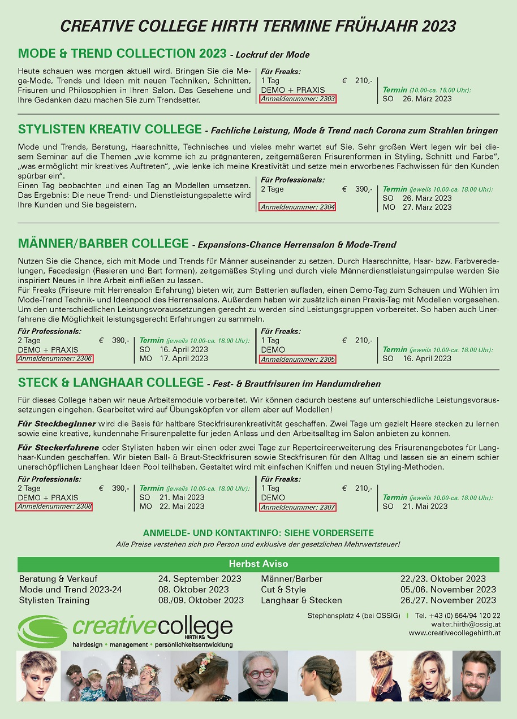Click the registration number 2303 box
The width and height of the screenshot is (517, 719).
pyautogui.click(x=298, y=99)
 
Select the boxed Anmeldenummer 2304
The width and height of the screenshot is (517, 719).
pyautogui.click(x=298, y=207)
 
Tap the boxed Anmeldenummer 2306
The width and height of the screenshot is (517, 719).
pyautogui.click(x=54, y=358)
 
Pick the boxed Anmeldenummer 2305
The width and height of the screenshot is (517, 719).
pyautogui.click(x=298, y=359)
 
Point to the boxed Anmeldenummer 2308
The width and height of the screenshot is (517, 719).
pyautogui.click(x=54, y=506)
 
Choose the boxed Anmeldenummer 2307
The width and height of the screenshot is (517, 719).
pyautogui.click(x=298, y=507)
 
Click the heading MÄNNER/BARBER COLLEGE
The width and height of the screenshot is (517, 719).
pyautogui.click(x=103, y=244)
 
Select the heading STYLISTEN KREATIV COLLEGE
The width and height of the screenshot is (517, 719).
pyautogui.click(x=110, y=129)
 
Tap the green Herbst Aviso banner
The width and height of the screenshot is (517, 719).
pyautogui.click(x=258, y=564)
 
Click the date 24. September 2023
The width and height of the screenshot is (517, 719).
pyautogui.click(x=200, y=579)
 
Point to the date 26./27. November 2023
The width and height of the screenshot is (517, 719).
pyautogui.click(x=448, y=600)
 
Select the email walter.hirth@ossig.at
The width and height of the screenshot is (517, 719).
pyautogui.click(x=466, y=624)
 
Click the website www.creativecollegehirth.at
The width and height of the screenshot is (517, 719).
pyautogui.click(x=455, y=633)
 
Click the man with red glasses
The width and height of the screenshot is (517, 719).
pyautogui.click(x=262, y=676)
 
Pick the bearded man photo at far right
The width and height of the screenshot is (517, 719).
pyautogui.click(x=476, y=676)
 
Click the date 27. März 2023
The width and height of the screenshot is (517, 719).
pyautogui.click(x=427, y=207)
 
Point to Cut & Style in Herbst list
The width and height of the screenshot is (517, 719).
pyautogui.click(x=283, y=590)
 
